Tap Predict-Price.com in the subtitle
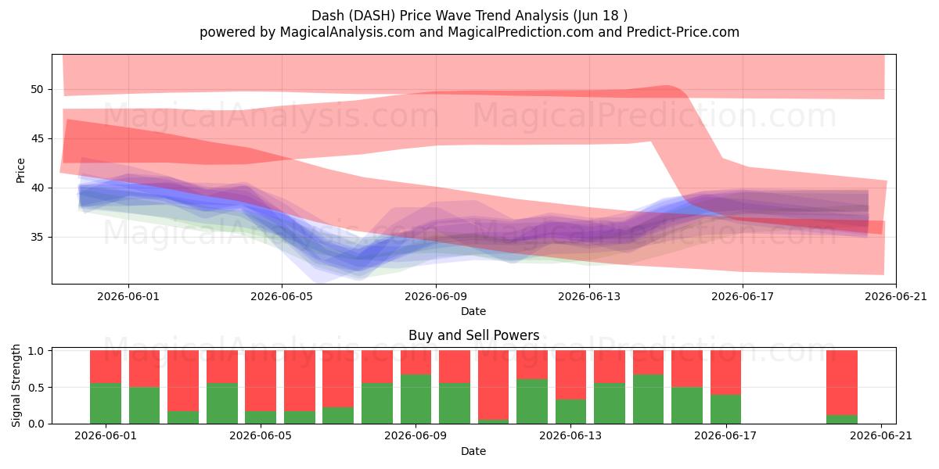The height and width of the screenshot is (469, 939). (683, 32)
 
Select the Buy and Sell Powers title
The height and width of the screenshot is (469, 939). (473, 335)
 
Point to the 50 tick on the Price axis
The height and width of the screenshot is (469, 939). (37, 89)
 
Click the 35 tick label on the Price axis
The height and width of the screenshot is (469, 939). (37, 237)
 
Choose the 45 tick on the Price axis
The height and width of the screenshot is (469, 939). (37, 138)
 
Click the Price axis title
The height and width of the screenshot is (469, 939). (20, 170)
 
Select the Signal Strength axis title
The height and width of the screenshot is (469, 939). (16, 385)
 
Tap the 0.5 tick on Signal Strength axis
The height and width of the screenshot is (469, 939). (37, 388)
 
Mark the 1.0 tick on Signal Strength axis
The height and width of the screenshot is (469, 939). (37, 351)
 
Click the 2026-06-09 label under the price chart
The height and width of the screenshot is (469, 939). (436, 296)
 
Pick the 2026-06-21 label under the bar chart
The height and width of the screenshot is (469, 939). (881, 436)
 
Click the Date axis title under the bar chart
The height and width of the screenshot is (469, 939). (473, 452)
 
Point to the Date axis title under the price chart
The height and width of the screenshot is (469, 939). (473, 312)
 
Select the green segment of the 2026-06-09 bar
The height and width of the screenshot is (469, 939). (416, 399)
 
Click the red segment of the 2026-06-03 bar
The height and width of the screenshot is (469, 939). (183, 381)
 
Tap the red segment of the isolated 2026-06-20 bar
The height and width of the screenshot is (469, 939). (842, 383)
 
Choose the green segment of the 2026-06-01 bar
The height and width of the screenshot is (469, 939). (106, 403)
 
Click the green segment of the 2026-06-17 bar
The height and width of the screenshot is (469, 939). (725, 409)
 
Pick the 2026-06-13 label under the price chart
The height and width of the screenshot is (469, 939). (589, 296)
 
